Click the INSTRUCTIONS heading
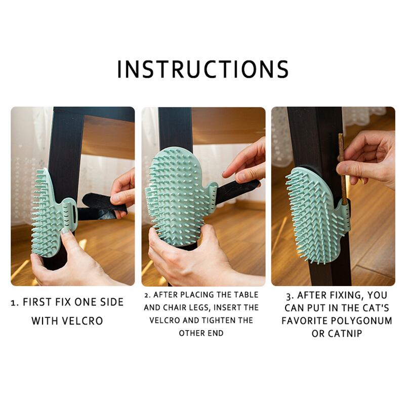tap(203, 69)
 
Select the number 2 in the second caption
tap(147, 295)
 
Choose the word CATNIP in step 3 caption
tap(345, 334)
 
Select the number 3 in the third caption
tap(289, 296)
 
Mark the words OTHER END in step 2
tap(201, 333)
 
